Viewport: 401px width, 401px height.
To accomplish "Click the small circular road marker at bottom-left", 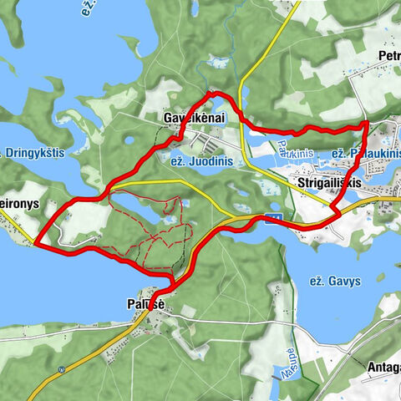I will [x=62, y=368].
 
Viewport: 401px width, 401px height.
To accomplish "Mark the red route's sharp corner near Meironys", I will [x=35, y=244].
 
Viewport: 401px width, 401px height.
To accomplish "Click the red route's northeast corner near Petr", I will [x=367, y=124].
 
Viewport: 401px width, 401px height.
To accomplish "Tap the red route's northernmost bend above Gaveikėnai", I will [x=212, y=92].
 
